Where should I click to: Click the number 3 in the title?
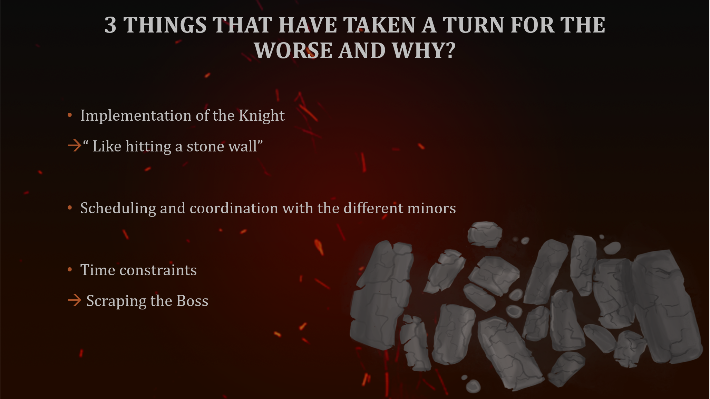(x=110, y=25)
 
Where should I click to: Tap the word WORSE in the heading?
(x=293, y=51)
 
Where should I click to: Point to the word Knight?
(x=262, y=116)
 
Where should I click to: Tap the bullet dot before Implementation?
(x=70, y=115)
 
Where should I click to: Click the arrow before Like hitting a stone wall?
(x=75, y=146)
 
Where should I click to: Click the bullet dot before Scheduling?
(x=70, y=208)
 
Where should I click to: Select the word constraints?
(x=158, y=270)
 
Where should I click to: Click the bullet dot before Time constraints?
(x=70, y=270)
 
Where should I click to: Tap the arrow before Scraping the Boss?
(x=75, y=300)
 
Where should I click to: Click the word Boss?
(x=192, y=301)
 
